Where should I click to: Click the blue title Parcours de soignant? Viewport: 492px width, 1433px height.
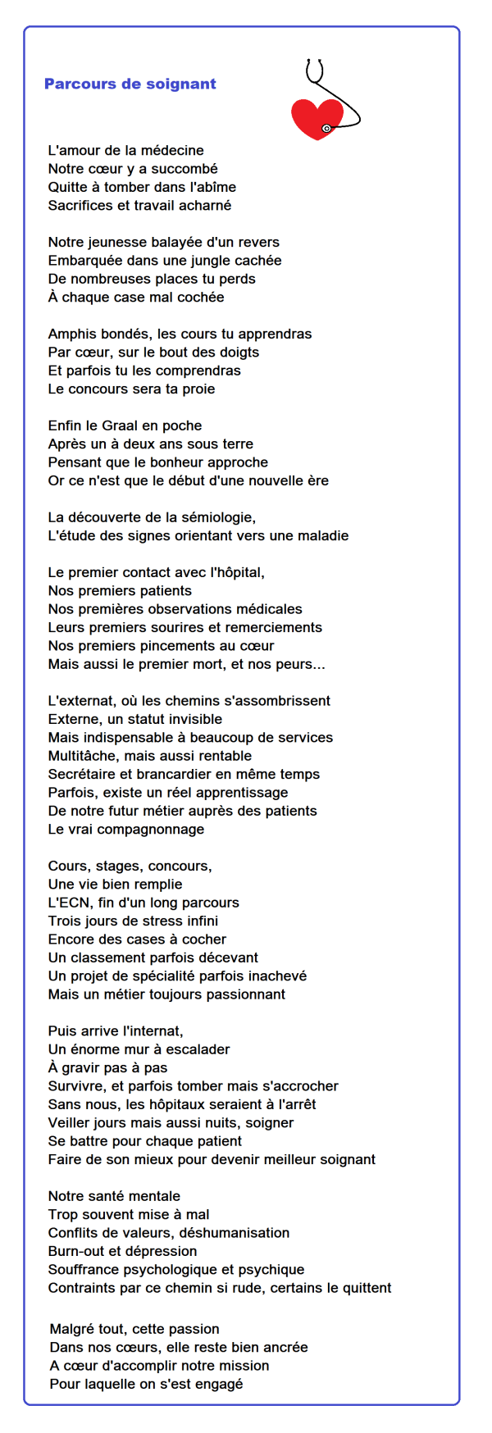pyautogui.click(x=130, y=84)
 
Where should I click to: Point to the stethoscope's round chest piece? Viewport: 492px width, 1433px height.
pyautogui.click(x=326, y=129)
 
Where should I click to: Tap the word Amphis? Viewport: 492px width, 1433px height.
pyautogui.click(x=73, y=334)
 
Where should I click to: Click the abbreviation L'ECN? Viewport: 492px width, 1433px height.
pyautogui.click(x=70, y=903)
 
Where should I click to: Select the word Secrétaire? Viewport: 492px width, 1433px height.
pyautogui.click(x=84, y=774)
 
